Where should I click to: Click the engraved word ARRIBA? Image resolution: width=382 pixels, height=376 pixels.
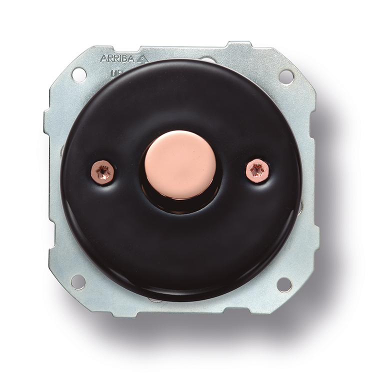pyautogui.click(x=118, y=58)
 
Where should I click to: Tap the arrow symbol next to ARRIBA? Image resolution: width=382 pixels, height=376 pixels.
pyautogui.click(x=143, y=58)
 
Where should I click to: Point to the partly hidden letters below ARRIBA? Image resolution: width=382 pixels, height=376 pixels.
pyautogui.click(x=114, y=73)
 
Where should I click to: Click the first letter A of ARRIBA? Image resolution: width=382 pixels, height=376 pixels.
pyautogui.click(x=103, y=58)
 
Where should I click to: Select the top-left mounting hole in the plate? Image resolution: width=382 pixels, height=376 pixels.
pyautogui.click(x=78, y=74)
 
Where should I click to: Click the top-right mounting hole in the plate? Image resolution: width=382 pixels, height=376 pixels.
pyautogui.click(x=285, y=76)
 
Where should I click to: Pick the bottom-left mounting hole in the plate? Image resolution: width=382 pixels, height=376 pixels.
pyautogui.click(x=78, y=281)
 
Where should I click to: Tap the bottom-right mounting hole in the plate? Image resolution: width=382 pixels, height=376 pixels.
pyautogui.click(x=284, y=284)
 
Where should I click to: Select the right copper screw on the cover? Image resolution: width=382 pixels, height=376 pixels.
pyautogui.click(x=258, y=170)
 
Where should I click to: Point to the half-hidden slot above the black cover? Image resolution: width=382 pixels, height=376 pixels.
pyautogui.click(x=209, y=60)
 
